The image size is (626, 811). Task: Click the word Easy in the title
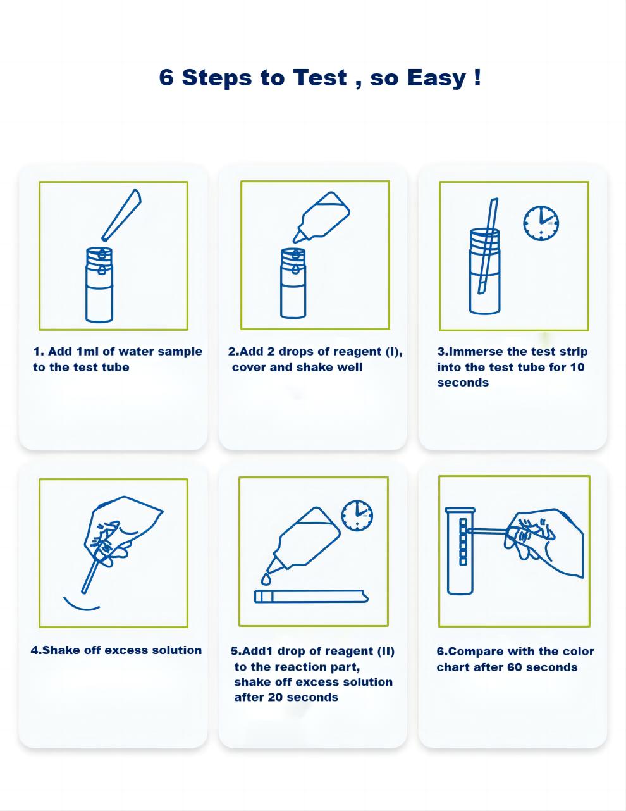437,78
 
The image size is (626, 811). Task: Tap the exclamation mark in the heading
478,77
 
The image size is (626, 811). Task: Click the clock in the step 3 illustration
541,223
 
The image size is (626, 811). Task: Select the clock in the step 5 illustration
357,516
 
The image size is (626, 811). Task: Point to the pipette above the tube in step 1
121,215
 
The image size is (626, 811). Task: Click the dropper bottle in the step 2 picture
321,217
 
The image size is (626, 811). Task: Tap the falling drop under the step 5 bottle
266,579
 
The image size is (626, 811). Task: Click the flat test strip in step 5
311,597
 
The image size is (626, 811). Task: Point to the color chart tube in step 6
460,551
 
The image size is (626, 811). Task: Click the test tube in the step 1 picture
99,285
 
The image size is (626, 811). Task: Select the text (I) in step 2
393,352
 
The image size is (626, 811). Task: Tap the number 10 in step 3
577,368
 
